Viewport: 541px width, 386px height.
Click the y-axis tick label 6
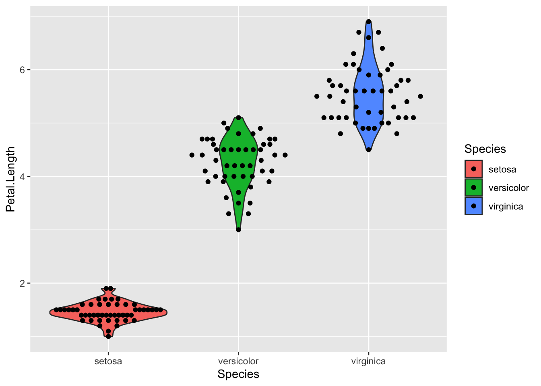(23, 70)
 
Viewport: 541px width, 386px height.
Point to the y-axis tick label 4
(23, 177)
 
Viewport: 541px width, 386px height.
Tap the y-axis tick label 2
(23, 283)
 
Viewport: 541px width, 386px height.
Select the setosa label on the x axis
(108, 361)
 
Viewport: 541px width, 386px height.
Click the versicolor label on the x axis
(238, 361)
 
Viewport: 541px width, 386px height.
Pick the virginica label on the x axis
(368, 361)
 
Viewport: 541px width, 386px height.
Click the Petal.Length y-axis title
(10, 179)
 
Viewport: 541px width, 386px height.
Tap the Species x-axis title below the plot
(238, 374)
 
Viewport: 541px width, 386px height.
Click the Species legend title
(485, 149)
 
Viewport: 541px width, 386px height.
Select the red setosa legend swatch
(474, 169)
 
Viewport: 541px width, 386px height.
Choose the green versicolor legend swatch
(474, 188)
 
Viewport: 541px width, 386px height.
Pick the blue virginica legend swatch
(474, 206)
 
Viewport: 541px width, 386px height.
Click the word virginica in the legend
(506, 207)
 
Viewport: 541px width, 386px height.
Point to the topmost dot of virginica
(369, 22)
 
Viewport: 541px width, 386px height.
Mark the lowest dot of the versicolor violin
(238, 230)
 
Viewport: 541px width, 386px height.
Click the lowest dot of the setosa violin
(108, 336)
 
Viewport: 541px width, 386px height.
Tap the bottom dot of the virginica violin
(369, 150)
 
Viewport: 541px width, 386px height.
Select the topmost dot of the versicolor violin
(238, 118)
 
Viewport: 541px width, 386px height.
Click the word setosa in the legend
(502, 170)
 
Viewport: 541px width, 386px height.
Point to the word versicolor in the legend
(509, 188)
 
